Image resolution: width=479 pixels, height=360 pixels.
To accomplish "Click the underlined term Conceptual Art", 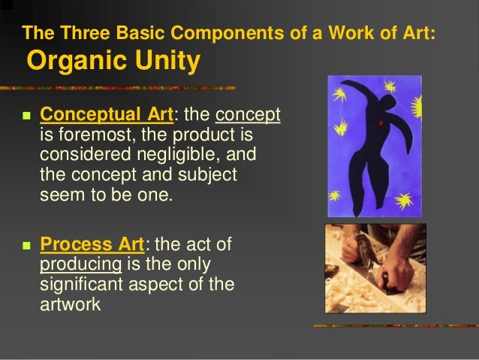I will tap(106, 116).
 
